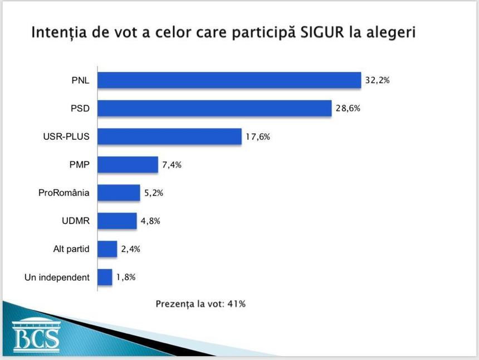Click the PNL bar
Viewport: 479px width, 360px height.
pyautogui.click(x=229, y=80)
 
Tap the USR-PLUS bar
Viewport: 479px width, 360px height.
pyautogui.click(x=169, y=137)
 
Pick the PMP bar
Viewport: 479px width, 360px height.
pyautogui.click(x=128, y=165)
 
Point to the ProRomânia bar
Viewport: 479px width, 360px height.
pyautogui.click(x=119, y=193)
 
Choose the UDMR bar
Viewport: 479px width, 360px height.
pyautogui.click(x=117, y=221)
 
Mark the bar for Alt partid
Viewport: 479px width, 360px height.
pyautogui.click(x=107, y=249)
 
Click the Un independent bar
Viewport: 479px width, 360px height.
pyautogui.click(x=105, y=277)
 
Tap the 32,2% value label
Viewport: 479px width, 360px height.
pyautogui.click(x=377, y=80)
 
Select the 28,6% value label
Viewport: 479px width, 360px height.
pyautogui.click(x=348, y=109)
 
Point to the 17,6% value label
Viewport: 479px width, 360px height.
pyautogui.click(x=257, y=137)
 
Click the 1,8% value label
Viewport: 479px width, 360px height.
pyautogui.click(x=126, y=277)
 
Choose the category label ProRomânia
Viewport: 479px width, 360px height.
pyautogui.click(x=64, y=193)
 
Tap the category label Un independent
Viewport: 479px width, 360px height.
pyautogui.click(x=57, y=277)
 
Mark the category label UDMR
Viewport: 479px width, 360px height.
pyautogui.click(x=76, y=221)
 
